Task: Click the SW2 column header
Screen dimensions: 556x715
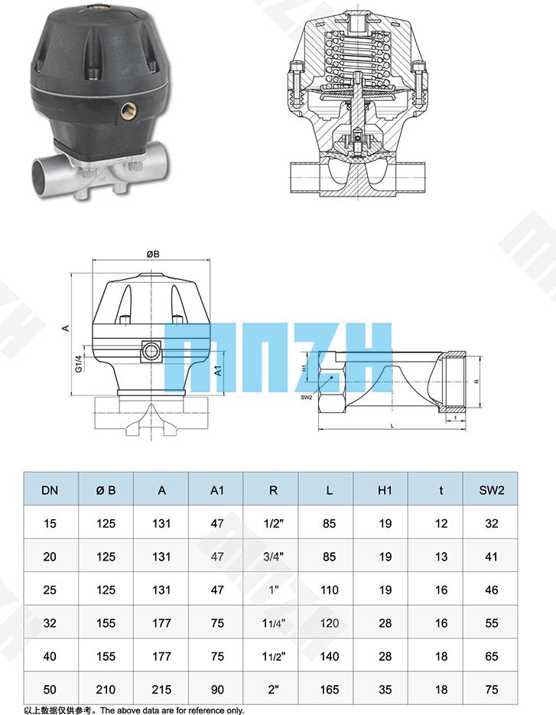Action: coord(491,490)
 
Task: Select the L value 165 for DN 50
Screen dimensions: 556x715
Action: coord(329,690)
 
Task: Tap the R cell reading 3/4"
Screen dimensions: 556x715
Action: coord(273,557)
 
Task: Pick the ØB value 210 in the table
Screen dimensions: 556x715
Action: coord(106,690)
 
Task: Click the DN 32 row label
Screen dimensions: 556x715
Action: coord(50,623)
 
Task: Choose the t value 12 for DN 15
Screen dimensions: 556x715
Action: coord(441,524)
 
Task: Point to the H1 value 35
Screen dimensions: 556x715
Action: coord(385,690)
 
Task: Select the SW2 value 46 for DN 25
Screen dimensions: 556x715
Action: coord(491,590)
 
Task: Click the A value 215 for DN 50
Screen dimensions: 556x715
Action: coord(161,690)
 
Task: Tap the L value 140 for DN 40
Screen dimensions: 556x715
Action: coord(329,656)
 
